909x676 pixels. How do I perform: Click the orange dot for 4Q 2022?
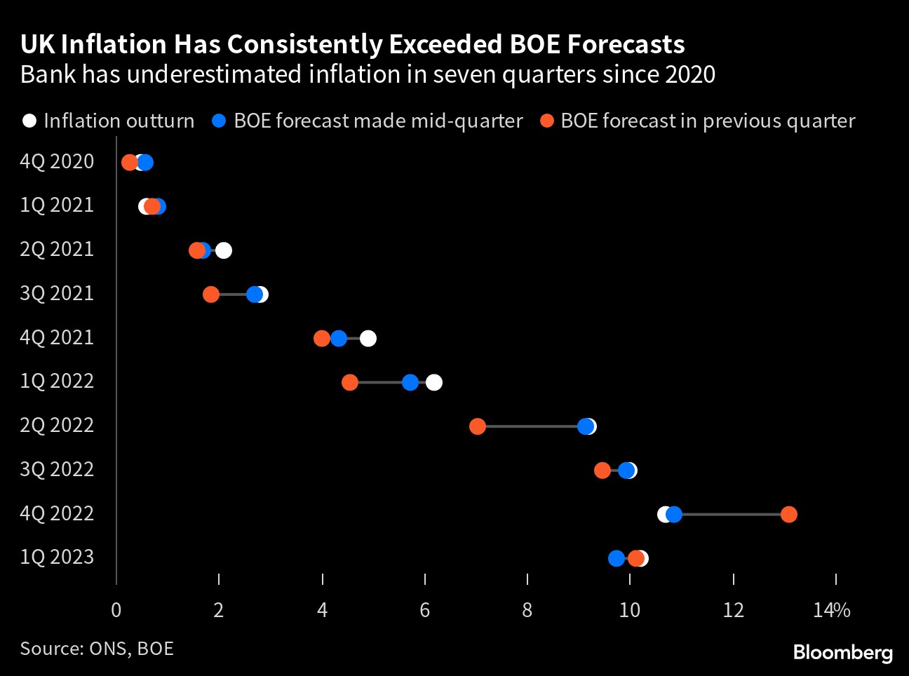788,515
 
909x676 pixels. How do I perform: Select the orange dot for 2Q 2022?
477,426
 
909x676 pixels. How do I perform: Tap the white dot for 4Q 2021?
368,339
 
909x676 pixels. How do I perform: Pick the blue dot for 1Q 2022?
410,382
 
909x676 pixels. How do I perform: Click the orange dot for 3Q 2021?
211,295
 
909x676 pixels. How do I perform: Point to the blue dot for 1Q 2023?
616,558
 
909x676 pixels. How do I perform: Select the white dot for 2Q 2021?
224,250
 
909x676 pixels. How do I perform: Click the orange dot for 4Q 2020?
129,163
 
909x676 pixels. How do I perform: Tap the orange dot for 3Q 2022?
602,471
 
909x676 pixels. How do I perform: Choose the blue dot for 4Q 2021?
339,339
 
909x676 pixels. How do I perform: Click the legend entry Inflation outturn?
109,121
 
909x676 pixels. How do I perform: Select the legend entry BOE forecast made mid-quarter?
368,121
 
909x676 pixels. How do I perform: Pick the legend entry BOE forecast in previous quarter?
698,121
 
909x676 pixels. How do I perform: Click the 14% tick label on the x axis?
832,610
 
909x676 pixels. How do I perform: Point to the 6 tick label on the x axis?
424,610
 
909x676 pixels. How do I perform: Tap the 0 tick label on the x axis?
116,610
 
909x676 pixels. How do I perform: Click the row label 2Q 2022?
57,425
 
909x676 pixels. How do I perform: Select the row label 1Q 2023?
57,557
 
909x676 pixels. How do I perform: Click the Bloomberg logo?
842,652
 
